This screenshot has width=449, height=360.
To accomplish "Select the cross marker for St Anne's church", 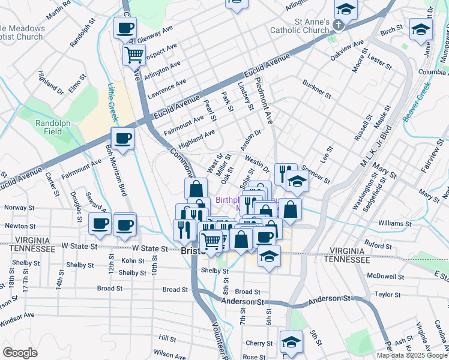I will (339, 25).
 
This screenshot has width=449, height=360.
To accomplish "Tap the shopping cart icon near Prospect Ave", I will (134, 55).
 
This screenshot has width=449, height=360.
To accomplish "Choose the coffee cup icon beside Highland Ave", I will (123, 139).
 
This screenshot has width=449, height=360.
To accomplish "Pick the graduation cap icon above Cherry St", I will (291, 342).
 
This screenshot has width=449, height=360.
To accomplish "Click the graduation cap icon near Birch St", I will (420, 29).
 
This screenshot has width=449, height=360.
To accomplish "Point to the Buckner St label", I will (317, 89).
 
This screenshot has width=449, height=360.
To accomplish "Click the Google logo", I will (20, 353).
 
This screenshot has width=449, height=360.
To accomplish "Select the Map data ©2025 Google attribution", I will (412, 355).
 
